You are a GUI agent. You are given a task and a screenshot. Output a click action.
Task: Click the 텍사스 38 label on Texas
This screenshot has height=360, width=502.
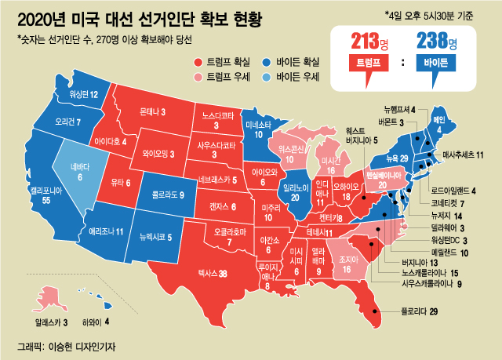click(x=212, y=274)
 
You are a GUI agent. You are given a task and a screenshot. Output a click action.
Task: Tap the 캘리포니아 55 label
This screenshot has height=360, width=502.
click(x=35, y=195)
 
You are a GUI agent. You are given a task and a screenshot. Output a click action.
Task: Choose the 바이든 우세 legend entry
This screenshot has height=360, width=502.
click(x=298, y=77)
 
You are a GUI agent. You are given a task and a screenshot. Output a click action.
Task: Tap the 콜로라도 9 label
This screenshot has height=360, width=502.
click(x=168, y=194)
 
